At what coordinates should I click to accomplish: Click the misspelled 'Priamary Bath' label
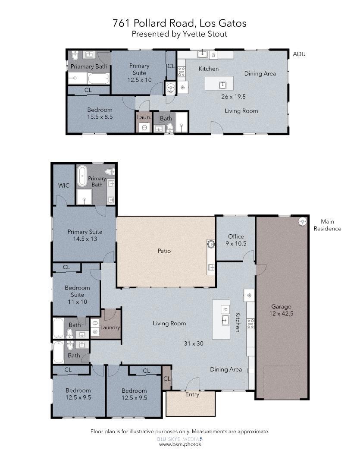(x=89, y=66)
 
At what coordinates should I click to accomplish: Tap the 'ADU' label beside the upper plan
(x=299, y=54)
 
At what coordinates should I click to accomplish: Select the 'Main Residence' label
(x=327, y=225)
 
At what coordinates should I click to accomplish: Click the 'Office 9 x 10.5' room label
(x=236, y=240)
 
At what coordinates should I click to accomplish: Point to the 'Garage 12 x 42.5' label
(x=281, y=310)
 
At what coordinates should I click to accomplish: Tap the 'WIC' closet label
(x=64, y=186)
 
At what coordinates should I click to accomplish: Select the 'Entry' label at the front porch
(x=192, y=394)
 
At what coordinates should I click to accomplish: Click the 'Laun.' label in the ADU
(x=143, y=117)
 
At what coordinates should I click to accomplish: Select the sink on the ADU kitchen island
(x=223, y=85)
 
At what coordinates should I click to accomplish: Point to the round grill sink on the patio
(x=211, y=244)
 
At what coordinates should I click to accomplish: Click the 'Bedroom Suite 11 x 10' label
(x=77, y=295)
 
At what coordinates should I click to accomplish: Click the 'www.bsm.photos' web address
(x=180, y=444)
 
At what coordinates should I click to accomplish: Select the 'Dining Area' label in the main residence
(x=225, y=369)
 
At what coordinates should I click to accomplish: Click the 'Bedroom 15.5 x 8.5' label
(x=100, y=113)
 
